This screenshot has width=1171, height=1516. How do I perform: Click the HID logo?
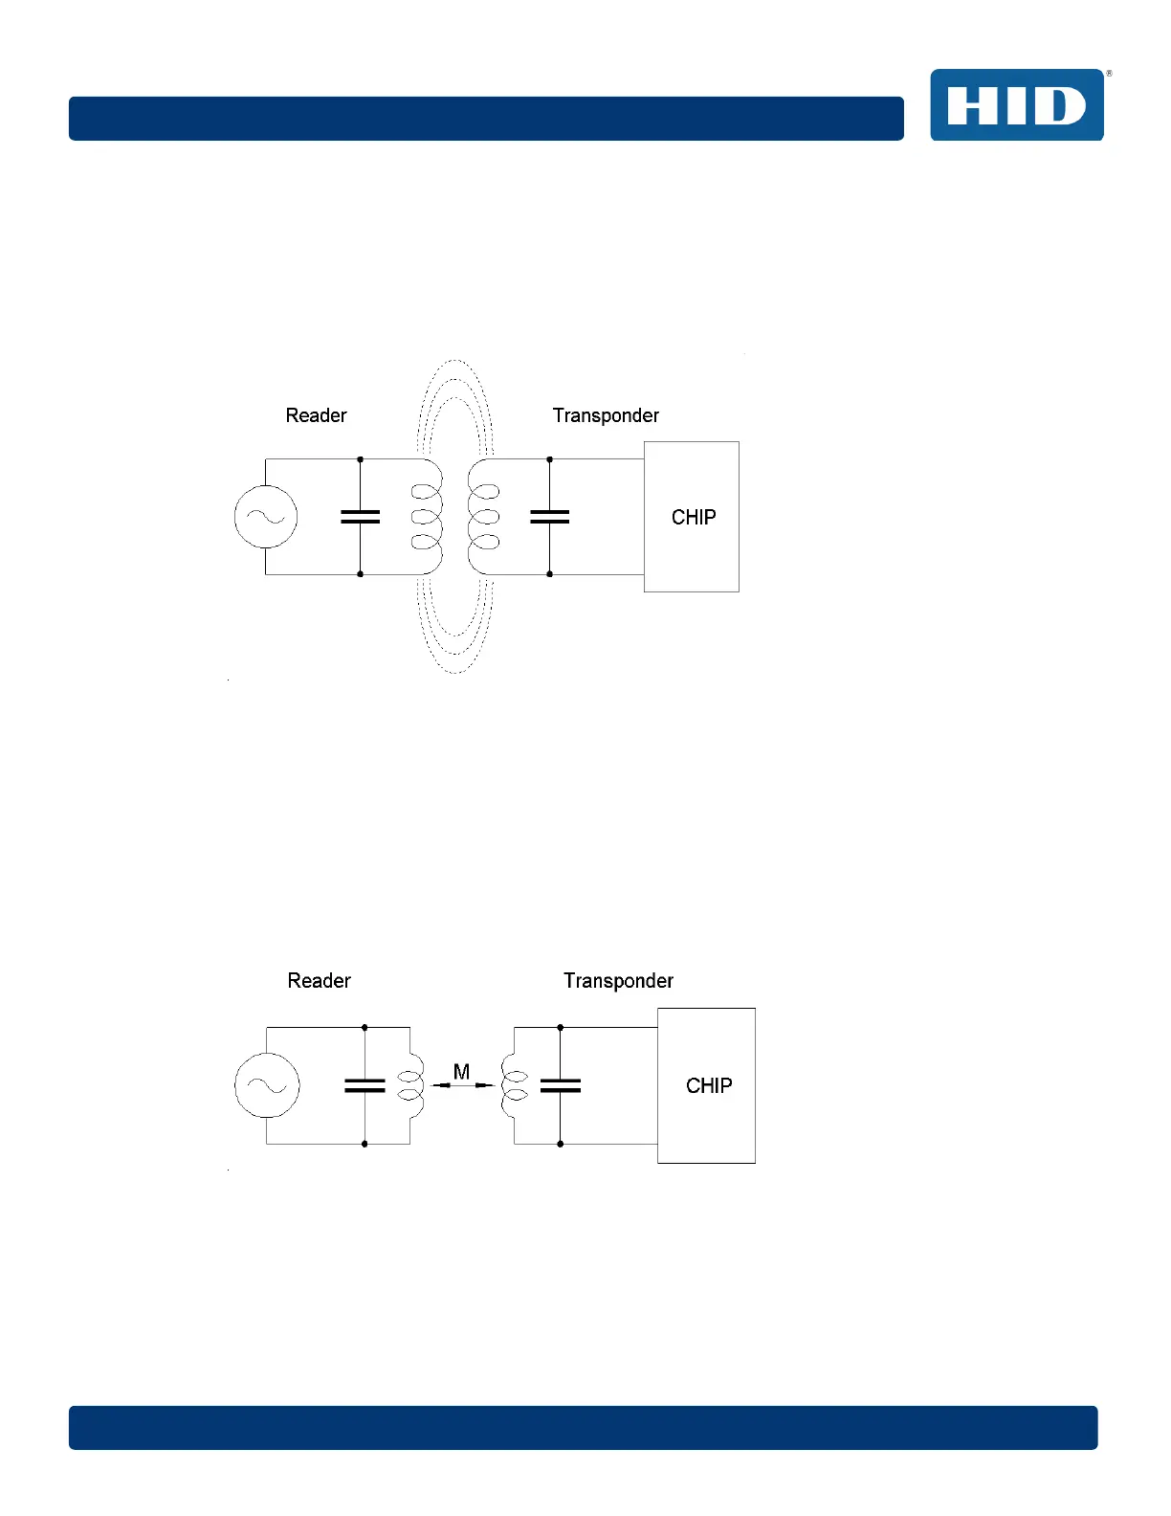[x=1016, y=105]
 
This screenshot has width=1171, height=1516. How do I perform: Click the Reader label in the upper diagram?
[x=316, y=415]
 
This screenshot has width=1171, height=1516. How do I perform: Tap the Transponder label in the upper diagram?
[x=606, y=415]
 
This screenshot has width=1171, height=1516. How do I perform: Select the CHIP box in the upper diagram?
[x=692, y=517]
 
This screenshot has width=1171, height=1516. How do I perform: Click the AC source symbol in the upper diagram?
[x=266, y=517]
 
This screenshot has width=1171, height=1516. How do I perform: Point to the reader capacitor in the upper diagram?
[x=360, y=517]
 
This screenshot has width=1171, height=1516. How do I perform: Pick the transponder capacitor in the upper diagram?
[x=549, y=517]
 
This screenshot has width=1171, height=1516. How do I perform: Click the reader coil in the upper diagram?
[x=427, y=517]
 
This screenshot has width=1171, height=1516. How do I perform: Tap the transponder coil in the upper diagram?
[x=484, y=517]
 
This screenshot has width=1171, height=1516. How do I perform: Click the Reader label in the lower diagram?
[x=319, y=981]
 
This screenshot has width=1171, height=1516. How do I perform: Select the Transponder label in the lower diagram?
[x=618, y=981]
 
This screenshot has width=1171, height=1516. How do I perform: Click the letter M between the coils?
[x=461, y=1072]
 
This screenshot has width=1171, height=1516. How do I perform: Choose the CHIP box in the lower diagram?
[x=707, y=1085]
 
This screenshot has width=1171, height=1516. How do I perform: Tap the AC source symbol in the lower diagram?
[x=267, y=1085]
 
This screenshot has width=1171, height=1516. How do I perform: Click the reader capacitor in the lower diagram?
[x=365, y=1085]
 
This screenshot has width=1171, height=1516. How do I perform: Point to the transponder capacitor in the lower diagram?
[x=561, y=1085]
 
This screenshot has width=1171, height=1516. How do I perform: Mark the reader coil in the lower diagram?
[x=411, y=1085]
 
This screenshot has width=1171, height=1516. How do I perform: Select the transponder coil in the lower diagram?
[x=514, y=1085]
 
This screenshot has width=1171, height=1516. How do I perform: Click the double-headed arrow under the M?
[x=462, y=1085]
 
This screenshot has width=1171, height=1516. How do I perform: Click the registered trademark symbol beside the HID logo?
[x=1109, y=74]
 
